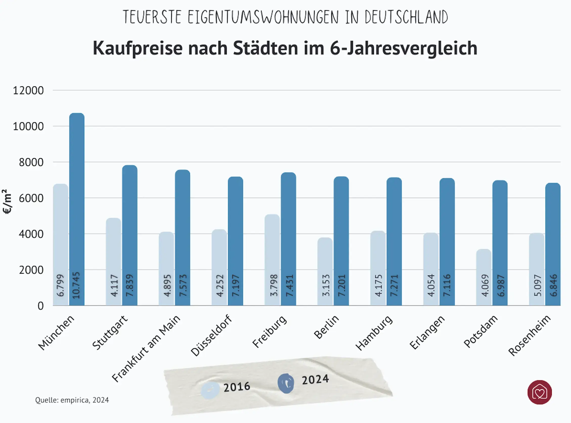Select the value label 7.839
click(130, 285)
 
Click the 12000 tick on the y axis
click(28, 91)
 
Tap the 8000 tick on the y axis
click(31, 162)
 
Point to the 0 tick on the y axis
click(40, 306)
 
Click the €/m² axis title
click(7, 202)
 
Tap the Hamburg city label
click(374, 333)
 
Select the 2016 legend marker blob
click(210, 390)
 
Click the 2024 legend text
click(315, 379)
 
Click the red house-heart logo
click(540, 392)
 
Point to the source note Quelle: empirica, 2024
click(72, 400)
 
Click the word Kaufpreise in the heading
click(138, 48)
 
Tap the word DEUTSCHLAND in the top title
click(406, 17)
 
